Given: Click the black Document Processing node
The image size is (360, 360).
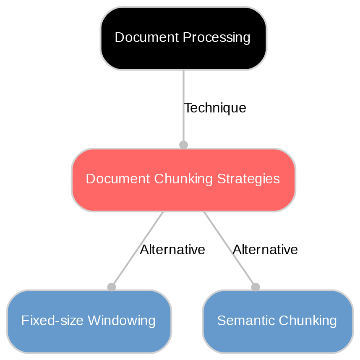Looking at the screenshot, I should (x=183, y=38).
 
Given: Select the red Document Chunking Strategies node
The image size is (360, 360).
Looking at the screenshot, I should (x=183, y=180).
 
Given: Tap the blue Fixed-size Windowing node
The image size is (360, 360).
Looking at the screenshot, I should (x=89, y=321).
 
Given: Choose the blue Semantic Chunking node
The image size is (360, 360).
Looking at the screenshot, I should (x=277, y=321).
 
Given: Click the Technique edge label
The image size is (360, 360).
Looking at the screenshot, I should (x=215, y=108).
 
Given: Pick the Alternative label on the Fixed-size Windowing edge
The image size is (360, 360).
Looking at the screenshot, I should (x=172, y=250).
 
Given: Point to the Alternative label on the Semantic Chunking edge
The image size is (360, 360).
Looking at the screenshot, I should (x=265, y=250).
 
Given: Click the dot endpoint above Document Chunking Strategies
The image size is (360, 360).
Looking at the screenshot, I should (x=183, y=145).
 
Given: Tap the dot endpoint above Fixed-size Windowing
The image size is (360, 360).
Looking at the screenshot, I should (x=111, y=287).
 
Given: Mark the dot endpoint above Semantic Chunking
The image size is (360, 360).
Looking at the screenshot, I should (x=256, y=287).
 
